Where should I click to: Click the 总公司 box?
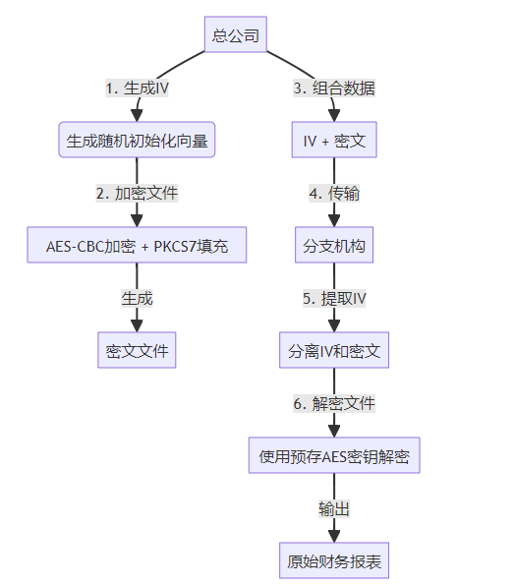tap(235, 34)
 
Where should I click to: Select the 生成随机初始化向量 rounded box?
tap(137, 140)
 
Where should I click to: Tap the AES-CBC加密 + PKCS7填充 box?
tap(137, 245)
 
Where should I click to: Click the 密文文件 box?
tap(137, 350)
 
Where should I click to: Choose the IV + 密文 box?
tap(334, 140)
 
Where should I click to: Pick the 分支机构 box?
tap(334, 245)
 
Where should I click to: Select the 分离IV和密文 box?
tap(334, 350)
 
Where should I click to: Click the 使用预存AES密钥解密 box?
tap(334, 455)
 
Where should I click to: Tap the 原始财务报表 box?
tap(334, 560)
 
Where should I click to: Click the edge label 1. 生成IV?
tap(137, 88)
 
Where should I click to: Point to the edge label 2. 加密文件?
tap(137, 194)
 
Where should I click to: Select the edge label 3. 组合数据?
tap(334, 88)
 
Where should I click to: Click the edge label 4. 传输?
tap(334, 194)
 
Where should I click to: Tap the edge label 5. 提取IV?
tap(334, 299)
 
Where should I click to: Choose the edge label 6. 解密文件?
tap(334, 404)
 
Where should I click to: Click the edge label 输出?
tap(334, 509)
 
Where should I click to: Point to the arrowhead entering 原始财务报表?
tap(334, 537)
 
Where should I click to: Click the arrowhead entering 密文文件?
tap(137, 326)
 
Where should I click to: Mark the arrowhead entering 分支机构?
tap(334, 221)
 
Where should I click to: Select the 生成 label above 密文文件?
tap(137, 299)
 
